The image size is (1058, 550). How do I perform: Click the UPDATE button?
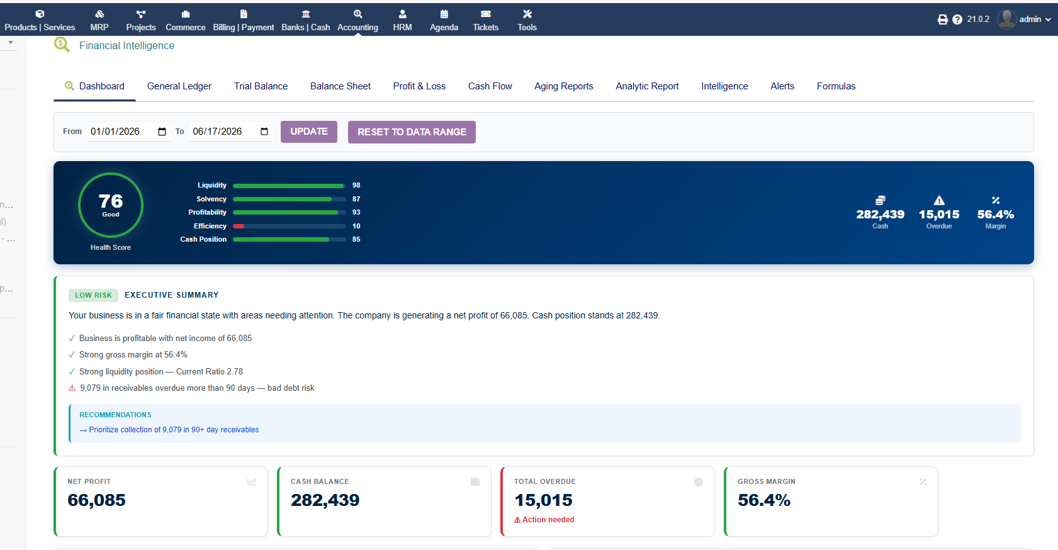tap(309, 132)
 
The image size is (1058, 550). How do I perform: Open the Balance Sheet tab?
tap(340, 86)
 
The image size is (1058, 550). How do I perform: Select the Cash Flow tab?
tap(490, 86)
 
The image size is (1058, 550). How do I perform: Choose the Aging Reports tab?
tap(563, 86)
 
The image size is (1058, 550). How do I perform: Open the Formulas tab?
tap(836, 86)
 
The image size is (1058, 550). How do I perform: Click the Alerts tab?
tap(782, 86)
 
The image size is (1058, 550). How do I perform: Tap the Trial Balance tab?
tap(261, 86)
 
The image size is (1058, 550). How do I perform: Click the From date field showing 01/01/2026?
tap(128, 132)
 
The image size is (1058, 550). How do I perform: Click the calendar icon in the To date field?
tap(264, 132)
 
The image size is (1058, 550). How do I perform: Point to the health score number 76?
tap(111, 201)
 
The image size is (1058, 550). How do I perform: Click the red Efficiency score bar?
tap(239, 226)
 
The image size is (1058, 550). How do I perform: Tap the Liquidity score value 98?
tap(356, 185)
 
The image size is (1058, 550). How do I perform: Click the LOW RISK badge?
tap(94, 295)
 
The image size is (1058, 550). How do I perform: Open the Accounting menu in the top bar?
tap(357, 20)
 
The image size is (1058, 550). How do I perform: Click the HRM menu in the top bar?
tap(402, 20)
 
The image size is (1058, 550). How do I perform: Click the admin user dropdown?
tap(1025, 20)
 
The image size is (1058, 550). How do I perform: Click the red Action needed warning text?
tap(544, 519)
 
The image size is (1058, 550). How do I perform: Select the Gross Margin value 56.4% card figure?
tap(763, 500)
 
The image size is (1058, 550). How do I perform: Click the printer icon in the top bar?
tap(942, 20)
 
